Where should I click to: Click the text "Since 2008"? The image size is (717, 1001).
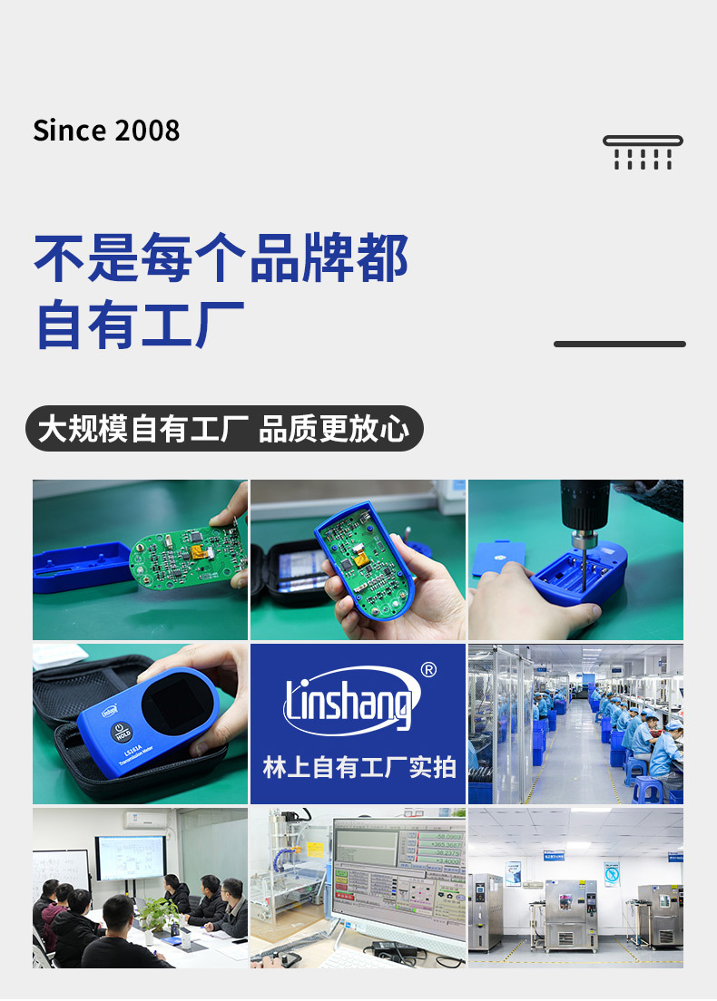click(x=106, y=131)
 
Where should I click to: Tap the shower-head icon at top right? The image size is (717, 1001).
click(x=643, y=151)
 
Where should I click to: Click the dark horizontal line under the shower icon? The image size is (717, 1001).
click(x=619, y=345)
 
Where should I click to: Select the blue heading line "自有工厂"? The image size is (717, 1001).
click(x=141, y=324)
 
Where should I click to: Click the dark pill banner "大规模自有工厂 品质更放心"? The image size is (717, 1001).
click(x=224, y=429)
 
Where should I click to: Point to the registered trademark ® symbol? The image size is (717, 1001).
click(x=428, y=670)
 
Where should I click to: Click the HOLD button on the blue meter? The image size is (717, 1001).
click(x=122, y=732)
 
